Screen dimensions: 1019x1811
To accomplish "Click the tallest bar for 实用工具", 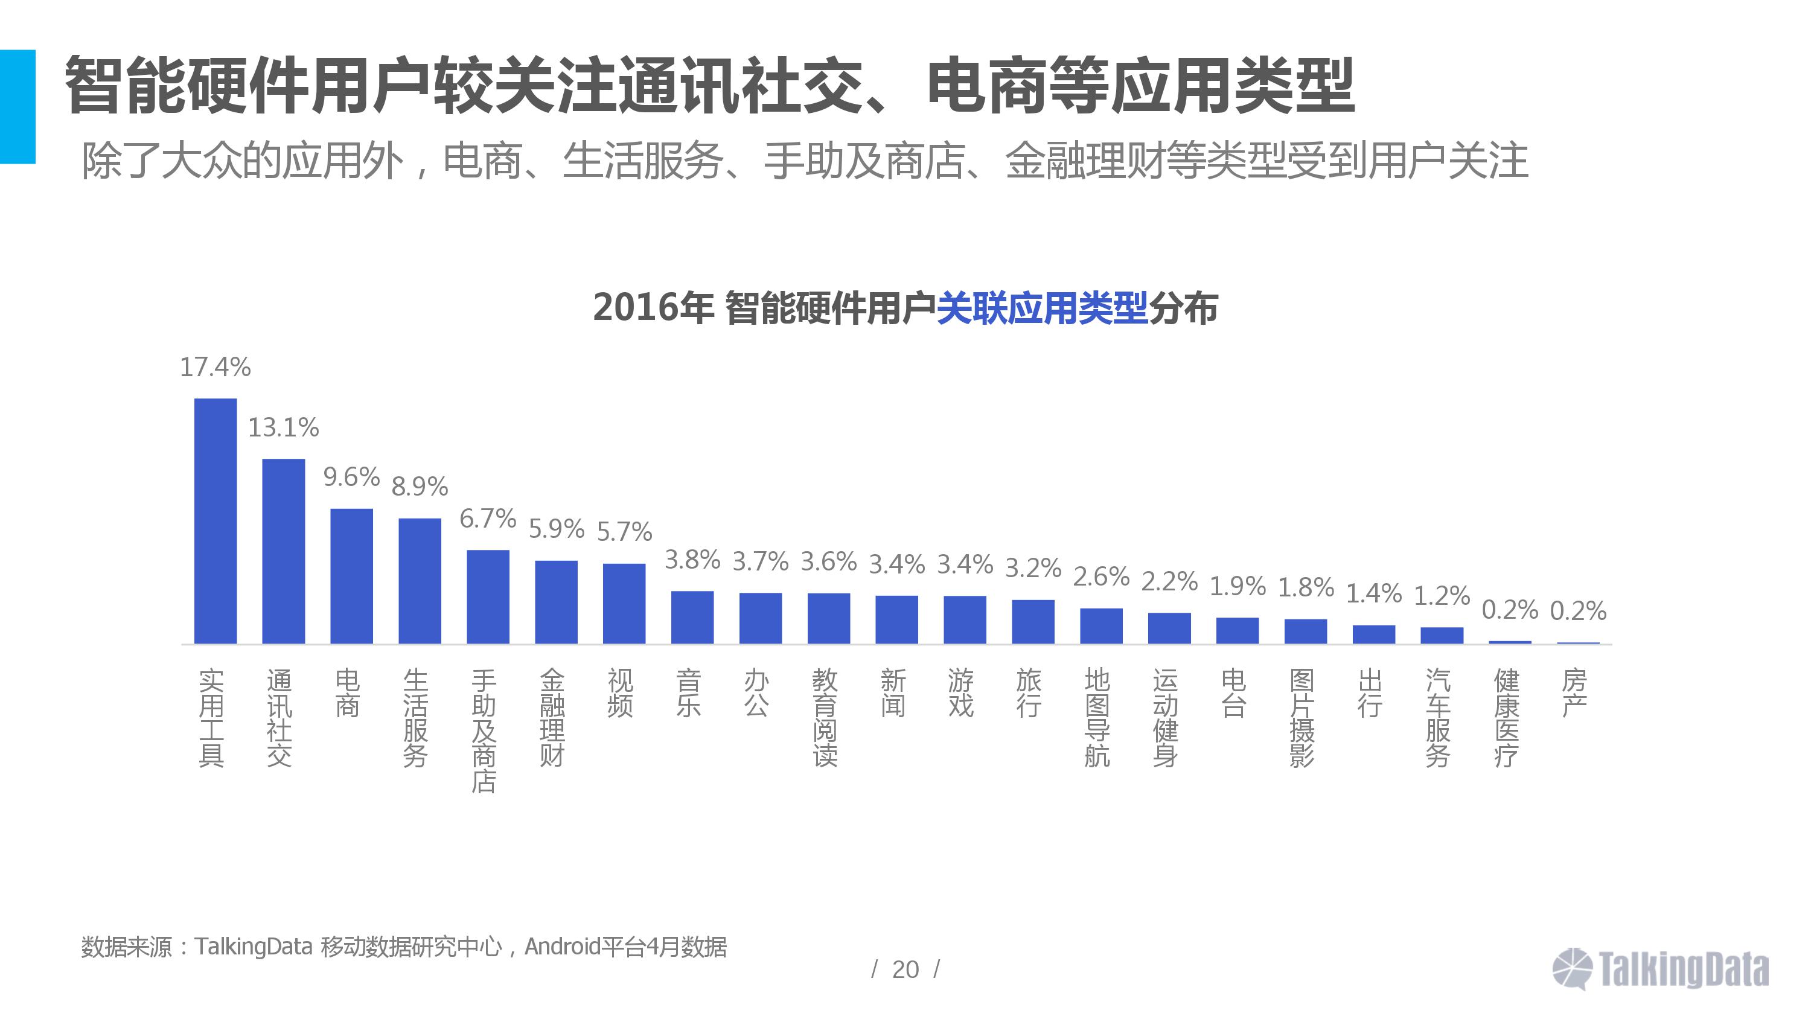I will click(215, 520).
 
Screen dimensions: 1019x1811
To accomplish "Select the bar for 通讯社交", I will click(283, 551).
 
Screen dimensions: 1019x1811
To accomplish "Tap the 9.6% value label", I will click(351, 478).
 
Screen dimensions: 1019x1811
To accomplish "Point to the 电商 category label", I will click(347, 692).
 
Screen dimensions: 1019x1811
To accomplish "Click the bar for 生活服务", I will click(420, 580).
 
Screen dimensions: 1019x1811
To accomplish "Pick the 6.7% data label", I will click(487, 519).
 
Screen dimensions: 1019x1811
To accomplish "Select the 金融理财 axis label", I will click(552, 717).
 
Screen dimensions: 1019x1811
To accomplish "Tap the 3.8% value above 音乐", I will click(692, 560).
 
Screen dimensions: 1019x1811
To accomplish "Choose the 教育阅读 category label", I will click(825, 717).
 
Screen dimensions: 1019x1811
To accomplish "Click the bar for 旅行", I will click(1033, 621).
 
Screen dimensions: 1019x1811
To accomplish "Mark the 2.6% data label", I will click(1101, 577).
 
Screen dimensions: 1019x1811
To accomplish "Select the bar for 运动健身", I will click(1169, 627).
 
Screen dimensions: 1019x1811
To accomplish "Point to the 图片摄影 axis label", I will click(1302, 717).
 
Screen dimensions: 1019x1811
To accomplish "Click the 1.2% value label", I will click(1441, 596).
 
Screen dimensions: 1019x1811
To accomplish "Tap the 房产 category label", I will click(1574, 692).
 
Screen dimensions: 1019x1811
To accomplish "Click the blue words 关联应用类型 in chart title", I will click(1042, 308).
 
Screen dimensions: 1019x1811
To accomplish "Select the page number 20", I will click(905, 969).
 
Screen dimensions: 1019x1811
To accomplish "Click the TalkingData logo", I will click(1660, 969).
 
